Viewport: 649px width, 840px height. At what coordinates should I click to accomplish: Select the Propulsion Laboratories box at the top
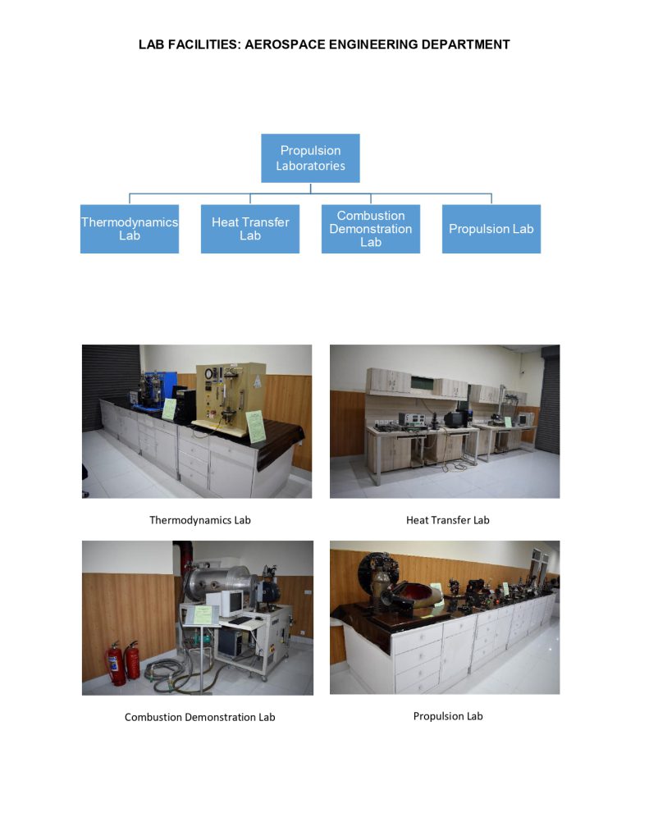coord(310,157)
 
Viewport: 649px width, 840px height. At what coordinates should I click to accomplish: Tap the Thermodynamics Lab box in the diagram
coord(129,229)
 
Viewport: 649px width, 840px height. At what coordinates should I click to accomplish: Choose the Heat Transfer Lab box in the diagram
coord(249,229)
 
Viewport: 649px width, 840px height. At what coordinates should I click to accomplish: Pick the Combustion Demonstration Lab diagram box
coord(370,229)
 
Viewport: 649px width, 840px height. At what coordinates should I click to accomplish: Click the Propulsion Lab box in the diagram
coord(491,229)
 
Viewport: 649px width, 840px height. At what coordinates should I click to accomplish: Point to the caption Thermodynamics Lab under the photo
coord(199,520)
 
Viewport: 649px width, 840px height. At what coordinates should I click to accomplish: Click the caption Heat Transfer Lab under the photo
coord(447,520)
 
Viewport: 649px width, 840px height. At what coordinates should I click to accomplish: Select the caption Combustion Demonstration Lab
coord(199,717)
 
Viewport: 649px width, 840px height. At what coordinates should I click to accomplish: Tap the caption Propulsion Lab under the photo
coord(448,716)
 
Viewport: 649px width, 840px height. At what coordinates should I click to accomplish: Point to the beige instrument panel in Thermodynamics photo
coord(224,394)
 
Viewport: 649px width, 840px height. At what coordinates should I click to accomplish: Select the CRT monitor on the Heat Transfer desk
coord(454,418)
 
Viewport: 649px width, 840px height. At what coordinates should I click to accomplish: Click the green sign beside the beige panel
coord(256,426)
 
